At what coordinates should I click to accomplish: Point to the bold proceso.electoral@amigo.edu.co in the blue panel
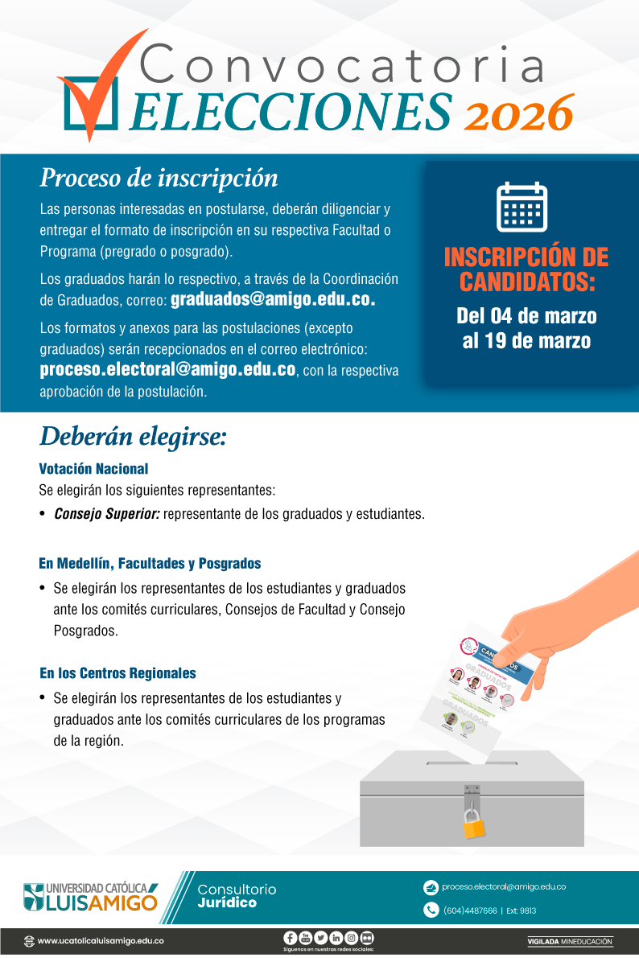(x=167, y=370)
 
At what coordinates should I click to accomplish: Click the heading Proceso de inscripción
(x=159, y=178)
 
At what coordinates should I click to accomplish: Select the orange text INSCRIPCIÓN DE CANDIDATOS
(x=526, y=269)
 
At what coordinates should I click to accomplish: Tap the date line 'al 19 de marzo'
(x=526, y=341)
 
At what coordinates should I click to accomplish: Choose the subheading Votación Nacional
(x=93, y=468)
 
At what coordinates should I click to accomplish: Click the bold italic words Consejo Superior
(x=106, y=514)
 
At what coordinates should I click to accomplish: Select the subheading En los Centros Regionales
(x=117, y=673)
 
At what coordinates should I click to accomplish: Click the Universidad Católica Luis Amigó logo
(x=90, y=896)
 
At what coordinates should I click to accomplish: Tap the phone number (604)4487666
(x=470, y=911)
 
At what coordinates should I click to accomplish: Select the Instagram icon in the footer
(x=351, y=938)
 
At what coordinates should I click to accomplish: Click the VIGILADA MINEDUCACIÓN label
(x=569, y=941)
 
